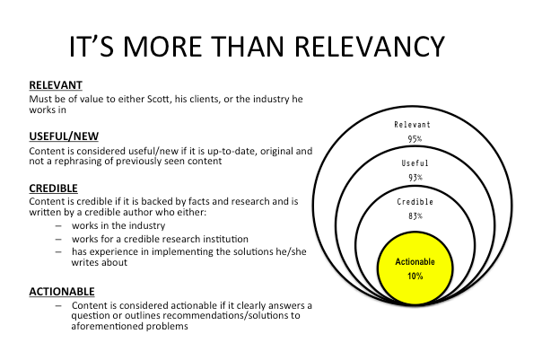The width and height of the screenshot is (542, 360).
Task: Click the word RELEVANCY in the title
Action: pos(369,47)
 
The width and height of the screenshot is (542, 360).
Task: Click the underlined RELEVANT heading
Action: pos(56,85)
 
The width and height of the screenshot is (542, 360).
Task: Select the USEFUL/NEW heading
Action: pos(64,136)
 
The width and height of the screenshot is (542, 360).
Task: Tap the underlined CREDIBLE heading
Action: pos(53,189)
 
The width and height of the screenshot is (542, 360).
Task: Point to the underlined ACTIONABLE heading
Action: pos(62,292)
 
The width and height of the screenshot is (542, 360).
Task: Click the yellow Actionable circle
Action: pos(415,268)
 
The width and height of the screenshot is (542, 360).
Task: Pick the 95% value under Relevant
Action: pos(415,139)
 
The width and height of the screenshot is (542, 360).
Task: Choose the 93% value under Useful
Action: pos(415,178)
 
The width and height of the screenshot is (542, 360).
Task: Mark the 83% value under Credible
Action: pos(415,216)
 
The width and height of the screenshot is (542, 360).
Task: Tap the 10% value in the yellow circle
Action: pos(415,276)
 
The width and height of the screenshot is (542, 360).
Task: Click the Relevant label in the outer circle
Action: pos(412,125)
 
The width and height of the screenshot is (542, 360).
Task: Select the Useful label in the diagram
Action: pos(415,162)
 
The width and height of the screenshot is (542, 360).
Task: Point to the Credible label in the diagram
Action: pos(415,202)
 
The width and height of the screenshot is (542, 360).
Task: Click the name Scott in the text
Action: pos(159,99)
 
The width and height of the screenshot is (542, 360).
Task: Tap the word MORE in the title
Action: pos(162,47)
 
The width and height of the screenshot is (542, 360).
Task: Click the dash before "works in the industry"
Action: pos(58,226)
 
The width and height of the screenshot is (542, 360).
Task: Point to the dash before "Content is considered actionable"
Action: pos(58,306)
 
